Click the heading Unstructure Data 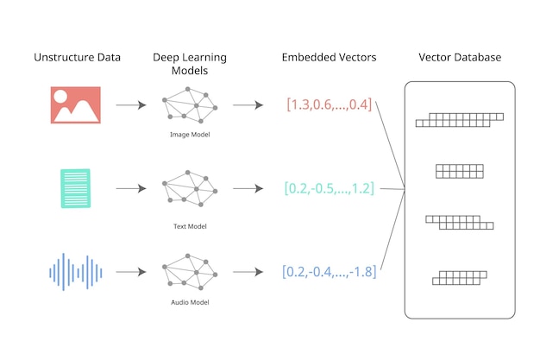[x=77, y=58]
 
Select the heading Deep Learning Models [x=189, y=65]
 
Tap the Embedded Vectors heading [x=329, y=58]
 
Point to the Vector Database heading [x=460, y=58]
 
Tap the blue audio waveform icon [x=76, y=271]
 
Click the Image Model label [x=190, y=136]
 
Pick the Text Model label [x=190, y=226]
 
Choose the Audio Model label [x=190, y=302]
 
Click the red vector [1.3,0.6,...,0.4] [x=329, y=105]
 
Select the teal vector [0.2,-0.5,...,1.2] [x=329, y=188]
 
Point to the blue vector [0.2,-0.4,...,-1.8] [x=329, y=271]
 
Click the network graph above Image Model [x=189, y=105]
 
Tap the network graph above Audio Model [x=189, y=271]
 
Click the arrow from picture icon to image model [x=130, y=105]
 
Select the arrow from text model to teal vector [x=248, y=188]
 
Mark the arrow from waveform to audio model [x=130, y=271]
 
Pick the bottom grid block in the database [x=460, y=277]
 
